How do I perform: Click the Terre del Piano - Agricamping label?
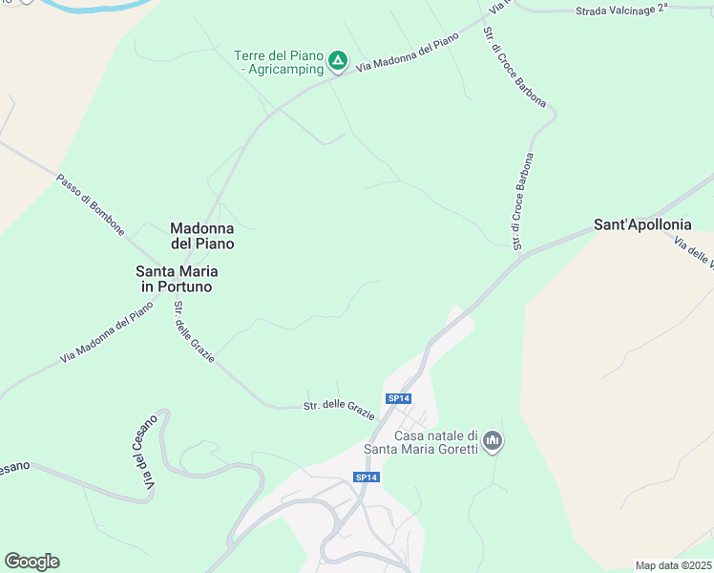[x=278, y=62]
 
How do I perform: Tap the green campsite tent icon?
[x=338, y=62]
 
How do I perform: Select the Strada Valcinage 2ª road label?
[x=623, y=11]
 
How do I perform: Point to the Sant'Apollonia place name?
[x=641, y=226]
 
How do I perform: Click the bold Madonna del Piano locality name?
[x=201, y=236]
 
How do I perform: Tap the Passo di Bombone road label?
[x=90, y=204]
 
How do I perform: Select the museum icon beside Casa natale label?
[x=493, y=440]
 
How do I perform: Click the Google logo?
[x=31, y=562]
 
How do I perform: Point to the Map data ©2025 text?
[x=674, y=565]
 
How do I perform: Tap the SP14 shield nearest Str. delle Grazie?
[x=398, y=398]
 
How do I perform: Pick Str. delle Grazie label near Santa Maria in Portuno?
[x=194, y=332]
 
